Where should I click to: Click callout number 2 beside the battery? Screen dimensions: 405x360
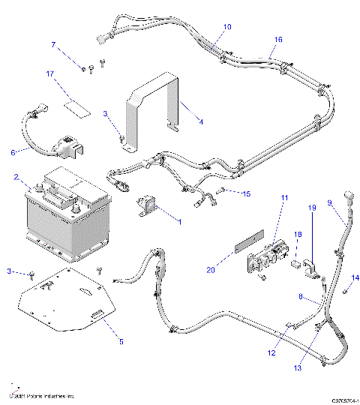coord(16,178)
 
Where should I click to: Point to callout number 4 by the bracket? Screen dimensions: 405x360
coord(200,120)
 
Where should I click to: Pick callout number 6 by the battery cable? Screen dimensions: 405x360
coord(12,152)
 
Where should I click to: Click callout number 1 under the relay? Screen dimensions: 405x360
coord(179,221)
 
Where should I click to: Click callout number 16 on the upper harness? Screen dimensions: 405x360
coord(278,39)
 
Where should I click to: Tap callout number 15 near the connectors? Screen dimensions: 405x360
coord(246,193)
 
